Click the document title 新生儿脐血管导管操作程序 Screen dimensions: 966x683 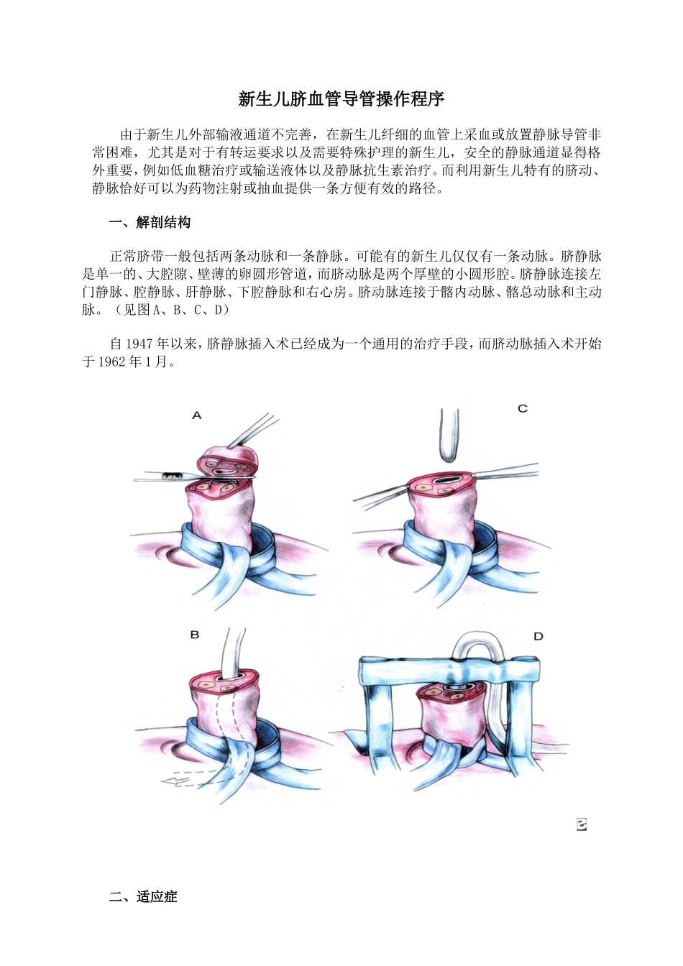point(341,99)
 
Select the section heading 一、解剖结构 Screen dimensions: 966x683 point(150,223)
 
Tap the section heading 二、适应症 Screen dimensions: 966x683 point(142,896)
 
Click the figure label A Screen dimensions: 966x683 point(197,415)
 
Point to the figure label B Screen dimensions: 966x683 point(195,635)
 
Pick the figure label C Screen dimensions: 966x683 point(523,408)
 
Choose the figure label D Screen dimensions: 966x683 point(538,636)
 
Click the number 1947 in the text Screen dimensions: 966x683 point(140,344)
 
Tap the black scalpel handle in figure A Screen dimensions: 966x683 point(173,475)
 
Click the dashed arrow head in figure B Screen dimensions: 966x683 point(169,781)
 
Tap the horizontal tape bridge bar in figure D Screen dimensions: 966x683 point(449,672)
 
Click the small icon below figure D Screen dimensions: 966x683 point(582,824)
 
